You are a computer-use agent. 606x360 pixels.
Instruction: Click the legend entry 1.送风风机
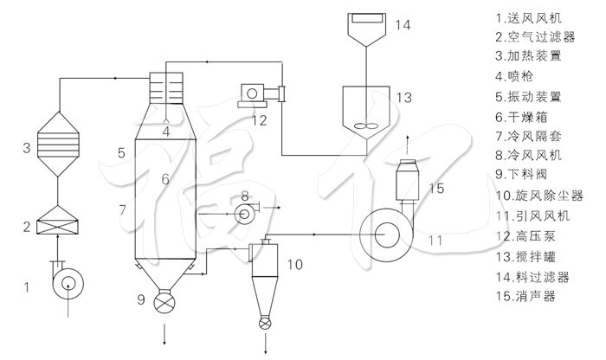coord(529,16)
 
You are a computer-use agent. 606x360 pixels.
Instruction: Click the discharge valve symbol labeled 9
coord(162,303)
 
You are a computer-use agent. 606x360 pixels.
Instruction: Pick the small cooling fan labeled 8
coord(244,210)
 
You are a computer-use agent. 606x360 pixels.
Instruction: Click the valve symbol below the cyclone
coord(263,323)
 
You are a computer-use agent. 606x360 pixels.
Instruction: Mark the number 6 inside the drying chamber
coord(163,178)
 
